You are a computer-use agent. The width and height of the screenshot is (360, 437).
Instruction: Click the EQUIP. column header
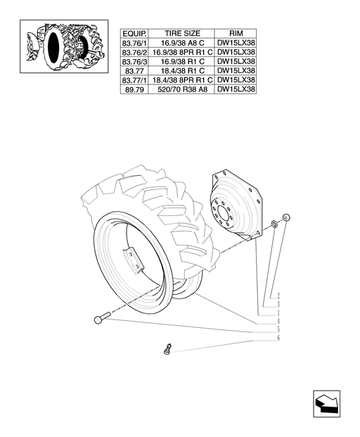134,34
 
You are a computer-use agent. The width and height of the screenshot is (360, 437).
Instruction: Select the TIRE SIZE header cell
182,34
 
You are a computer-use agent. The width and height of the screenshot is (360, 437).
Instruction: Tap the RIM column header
236,34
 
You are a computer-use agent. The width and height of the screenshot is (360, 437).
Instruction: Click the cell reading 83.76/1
134,43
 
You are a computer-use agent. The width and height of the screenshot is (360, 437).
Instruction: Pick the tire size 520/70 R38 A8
182,89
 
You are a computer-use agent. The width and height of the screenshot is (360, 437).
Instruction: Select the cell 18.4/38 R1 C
182,70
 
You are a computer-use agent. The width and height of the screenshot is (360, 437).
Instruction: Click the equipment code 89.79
134,90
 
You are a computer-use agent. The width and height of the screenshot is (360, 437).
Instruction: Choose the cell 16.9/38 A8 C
182,43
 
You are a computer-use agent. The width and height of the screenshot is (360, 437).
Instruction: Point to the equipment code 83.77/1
134,80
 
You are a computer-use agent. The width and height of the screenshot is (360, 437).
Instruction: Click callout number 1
278,312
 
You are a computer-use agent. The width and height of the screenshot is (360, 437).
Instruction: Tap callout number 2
278,296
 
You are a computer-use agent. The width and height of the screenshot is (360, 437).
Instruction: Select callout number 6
278,338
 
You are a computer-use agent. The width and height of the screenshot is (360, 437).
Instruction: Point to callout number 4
278,321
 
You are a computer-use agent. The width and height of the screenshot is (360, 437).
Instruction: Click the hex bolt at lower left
102,317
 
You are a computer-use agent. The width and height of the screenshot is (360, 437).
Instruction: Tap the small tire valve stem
167,349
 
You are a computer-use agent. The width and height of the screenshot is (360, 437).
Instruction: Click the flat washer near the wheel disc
274,224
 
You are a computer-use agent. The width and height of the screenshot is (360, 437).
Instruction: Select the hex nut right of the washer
286,217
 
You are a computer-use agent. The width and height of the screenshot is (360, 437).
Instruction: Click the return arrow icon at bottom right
326,403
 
